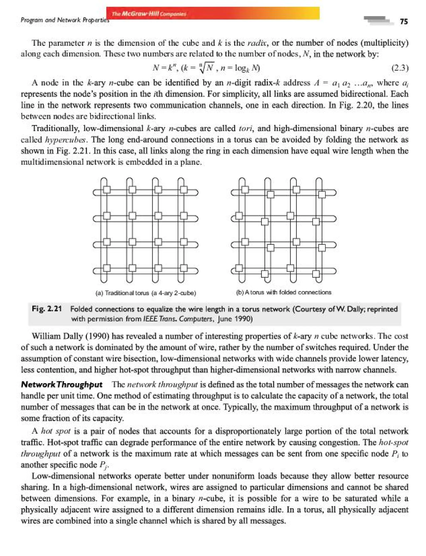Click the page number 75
[x=404, y=22]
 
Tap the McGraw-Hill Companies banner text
[x=149, y=14]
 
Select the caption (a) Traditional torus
[x=146, y=293]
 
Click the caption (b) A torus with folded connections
[x=284, y=292]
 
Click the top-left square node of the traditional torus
[x=107, y=189]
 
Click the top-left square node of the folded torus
[x=245, y=189]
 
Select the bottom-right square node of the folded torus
[x=316, y=274]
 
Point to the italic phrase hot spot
[x=56, y=431]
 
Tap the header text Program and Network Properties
[x=65, y=20]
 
